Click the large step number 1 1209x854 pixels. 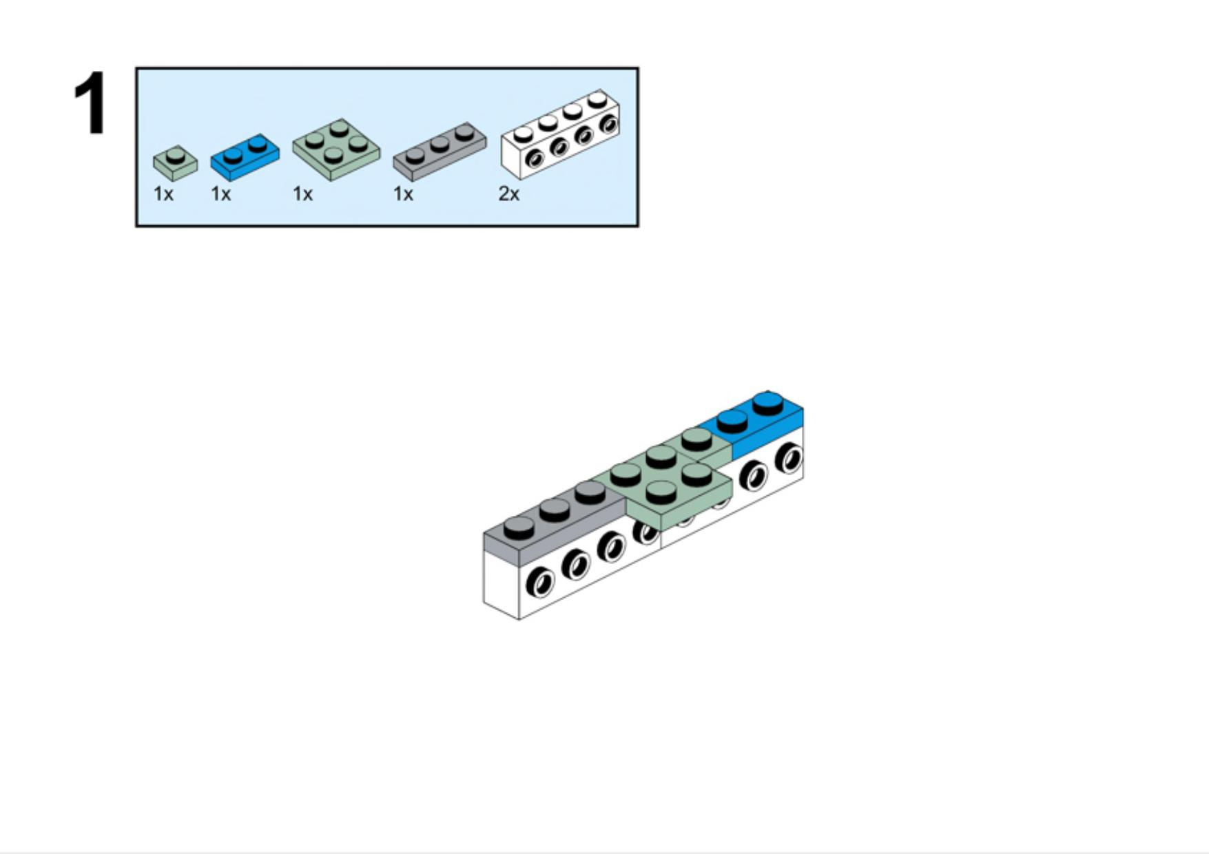[90, 105]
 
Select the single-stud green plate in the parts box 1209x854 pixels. [175, 163]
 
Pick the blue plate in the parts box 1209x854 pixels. [245, 156]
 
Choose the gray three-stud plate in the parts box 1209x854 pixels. [439, 152]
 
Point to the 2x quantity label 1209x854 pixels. [508, 194]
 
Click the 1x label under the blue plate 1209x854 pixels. [220, 194]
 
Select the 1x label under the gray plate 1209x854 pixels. [403, 194]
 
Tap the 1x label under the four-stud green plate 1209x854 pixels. [302, 194]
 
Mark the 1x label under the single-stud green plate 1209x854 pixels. [163, 194]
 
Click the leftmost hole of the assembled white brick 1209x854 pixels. [539, 583]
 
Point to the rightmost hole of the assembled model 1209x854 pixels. [789, 458]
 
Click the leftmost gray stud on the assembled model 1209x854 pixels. [519, 528]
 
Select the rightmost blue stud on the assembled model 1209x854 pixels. [767, 401]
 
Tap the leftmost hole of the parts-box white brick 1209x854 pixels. [534, 159]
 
